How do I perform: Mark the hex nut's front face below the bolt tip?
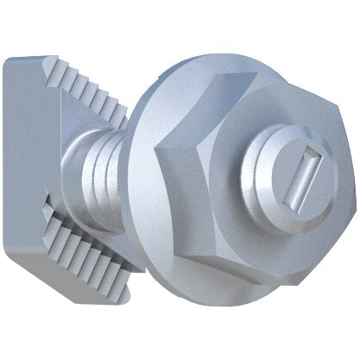pyautogui.click(x=276, y=237)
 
